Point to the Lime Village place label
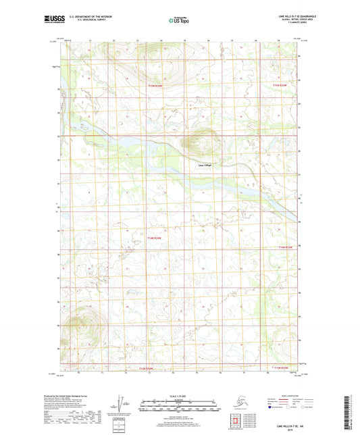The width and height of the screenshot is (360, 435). [x=205, y=164]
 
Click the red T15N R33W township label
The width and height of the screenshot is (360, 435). [x=155, y=86]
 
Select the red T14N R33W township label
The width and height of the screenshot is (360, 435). [x=155, y=238]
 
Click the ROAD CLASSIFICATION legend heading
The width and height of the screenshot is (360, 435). [x=279, y=392]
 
